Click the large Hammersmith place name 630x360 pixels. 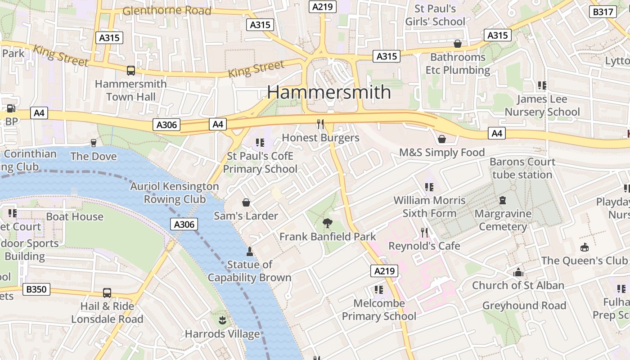pyautogui.click(x=329, y=92)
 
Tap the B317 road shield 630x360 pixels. pyautogui.click(x=603, y=12)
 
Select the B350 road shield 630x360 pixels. pyautogui.click(x=36, y=289)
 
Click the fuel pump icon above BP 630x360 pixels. pyautogui.click(x=11, y=108)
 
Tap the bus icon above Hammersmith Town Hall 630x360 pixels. pyautogui.click(x=130, y=70)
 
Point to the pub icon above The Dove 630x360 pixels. pyautogui.click(x=94, y=143)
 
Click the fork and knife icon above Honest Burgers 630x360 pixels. pyautogui.click(x=320, y=124)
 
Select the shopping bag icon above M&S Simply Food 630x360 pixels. pyautogui.click(x=441, y=139)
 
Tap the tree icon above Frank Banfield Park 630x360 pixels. pyautogui.click(x=327, y=223)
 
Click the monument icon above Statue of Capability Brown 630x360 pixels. pyautogui.click(x=250, y=251)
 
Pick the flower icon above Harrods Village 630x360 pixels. pyautogui.click(x=222, y=320)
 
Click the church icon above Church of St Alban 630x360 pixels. pyautogui.click(x=518, y=272)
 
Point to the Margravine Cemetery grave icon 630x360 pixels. pyautogui.click(x=503, y=200)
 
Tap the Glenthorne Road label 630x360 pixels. pyautogui.click(x=166, y=10)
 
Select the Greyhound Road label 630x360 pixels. pyautogui.click(x=524, y=306)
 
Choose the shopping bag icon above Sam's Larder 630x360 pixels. pyautogui.click(x=246, y=202)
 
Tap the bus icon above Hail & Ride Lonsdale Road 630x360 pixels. pyautogui.click(x=107, y=292)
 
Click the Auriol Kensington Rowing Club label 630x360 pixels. pyautogui.click(x=175, y=193)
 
